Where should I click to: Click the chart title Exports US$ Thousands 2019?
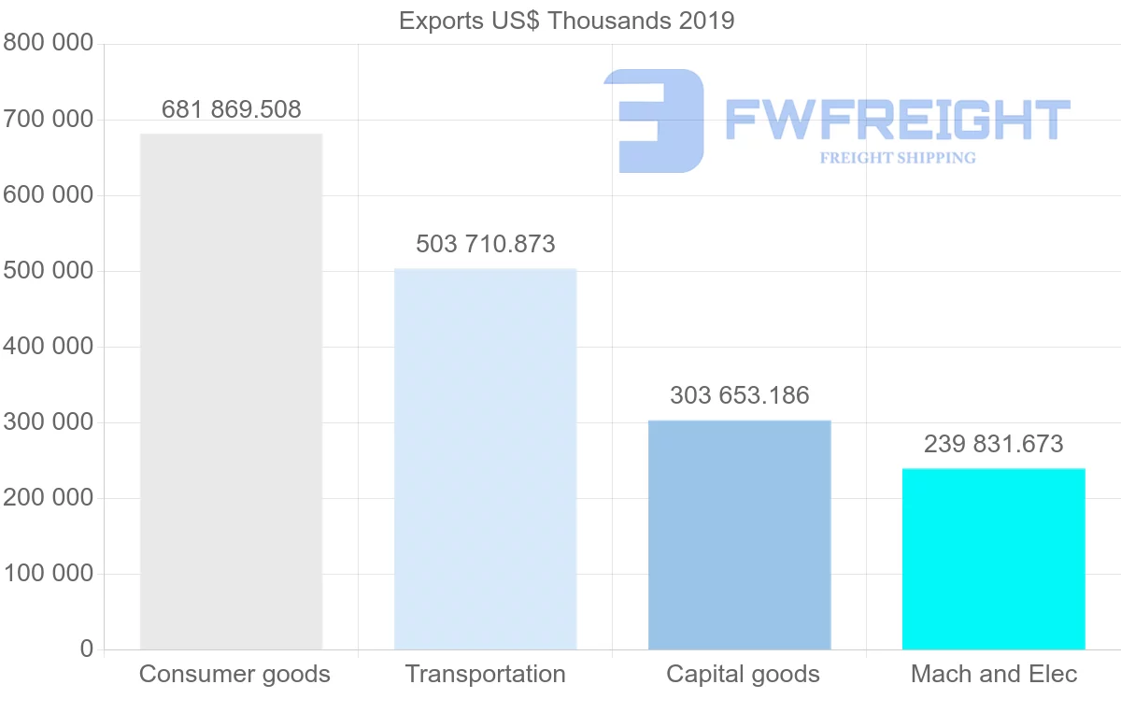pos(566,21)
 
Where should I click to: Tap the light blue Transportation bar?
pos(485,459)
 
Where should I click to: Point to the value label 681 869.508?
pos(231,109)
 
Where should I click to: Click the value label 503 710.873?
pos(485,244)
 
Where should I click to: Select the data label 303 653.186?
pos(739,395)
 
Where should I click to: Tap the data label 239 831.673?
pos(993,444)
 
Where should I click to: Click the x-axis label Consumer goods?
pos(234,674)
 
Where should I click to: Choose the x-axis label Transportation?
pos(485,674)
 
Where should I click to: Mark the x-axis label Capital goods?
pos(743,674)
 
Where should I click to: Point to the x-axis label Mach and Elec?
pos(994,674)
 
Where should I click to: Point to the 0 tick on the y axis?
pos(87,649)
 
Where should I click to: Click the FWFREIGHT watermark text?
pos(897,119)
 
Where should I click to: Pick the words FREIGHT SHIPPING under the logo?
pos(897,158)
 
